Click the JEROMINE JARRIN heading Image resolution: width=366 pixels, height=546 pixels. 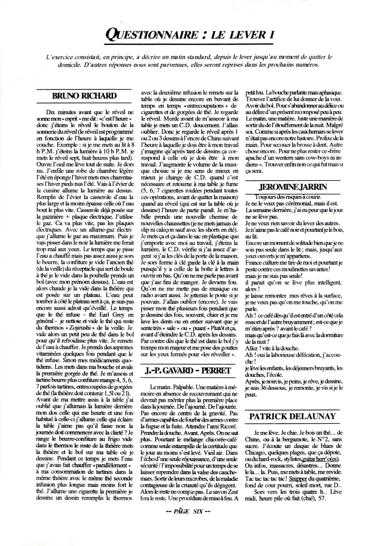[x=293, y=187]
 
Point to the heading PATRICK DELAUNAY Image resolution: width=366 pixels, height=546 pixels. [x=292, y=416]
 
